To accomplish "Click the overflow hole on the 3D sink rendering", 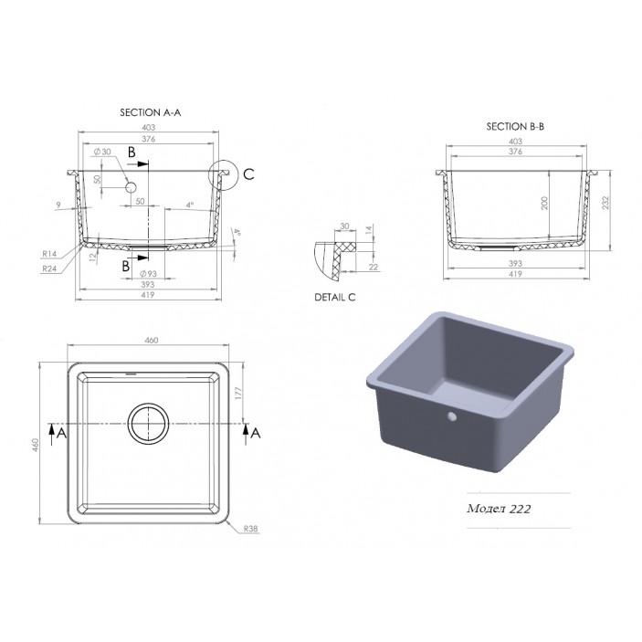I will (x=450, y=418).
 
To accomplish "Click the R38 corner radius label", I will (x=250, y=527).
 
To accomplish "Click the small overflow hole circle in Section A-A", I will (x=131, y=187).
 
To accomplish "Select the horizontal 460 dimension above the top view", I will (x=151, y=340).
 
